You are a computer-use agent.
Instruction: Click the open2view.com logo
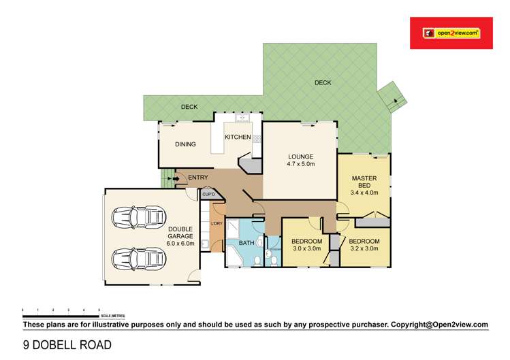tap(452, 32)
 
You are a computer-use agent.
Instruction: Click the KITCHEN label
tap(238, 137)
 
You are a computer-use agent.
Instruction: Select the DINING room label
tap(185, 144)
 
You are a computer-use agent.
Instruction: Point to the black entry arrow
tap(178, 179)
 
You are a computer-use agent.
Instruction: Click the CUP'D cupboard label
tap(208, 195)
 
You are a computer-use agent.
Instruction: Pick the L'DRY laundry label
tap(217, 224)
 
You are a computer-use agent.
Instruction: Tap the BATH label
tap(246, 242)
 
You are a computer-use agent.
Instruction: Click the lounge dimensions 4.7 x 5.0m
tap(300, 164)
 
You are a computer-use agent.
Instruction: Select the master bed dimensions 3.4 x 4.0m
tap(364, 193)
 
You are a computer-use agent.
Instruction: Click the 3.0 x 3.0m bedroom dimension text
tap(306, 249)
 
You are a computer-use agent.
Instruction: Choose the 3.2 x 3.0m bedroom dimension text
tap(364, 249)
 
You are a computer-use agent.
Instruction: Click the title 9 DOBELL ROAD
tap(67, 345)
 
